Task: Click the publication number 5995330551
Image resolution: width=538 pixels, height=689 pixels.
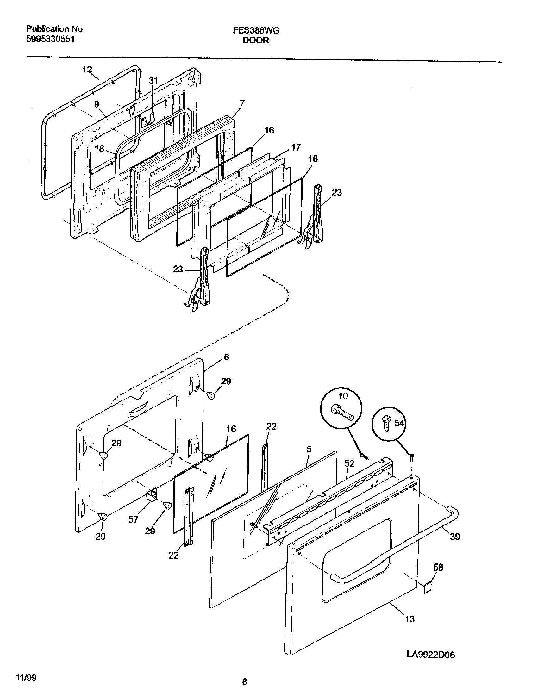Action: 50,39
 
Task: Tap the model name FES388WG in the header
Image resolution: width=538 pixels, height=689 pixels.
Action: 256,30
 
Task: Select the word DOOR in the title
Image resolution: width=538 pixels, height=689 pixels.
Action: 256,40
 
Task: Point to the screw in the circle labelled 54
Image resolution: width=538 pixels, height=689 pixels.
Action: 386,423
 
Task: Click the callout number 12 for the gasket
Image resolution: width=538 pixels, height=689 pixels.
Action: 87,69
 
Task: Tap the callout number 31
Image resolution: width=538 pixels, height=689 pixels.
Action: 153,81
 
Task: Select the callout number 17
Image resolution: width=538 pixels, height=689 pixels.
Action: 296,147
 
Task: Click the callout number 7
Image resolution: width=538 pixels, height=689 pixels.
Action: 242,103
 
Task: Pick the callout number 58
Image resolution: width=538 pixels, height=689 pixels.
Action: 438,567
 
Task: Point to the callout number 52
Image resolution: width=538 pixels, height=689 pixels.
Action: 349,463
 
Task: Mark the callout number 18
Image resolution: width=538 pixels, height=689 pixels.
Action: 99,149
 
